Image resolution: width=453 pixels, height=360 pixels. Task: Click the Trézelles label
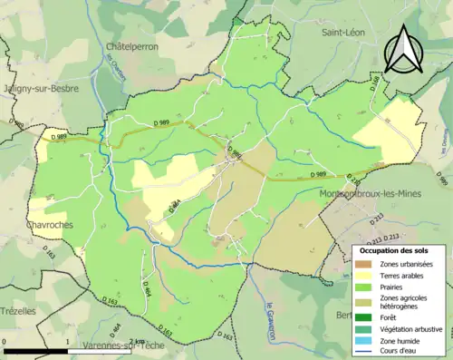[x=19, y=311]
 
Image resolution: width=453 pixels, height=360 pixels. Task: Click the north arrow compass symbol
[x=404, y=50]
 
